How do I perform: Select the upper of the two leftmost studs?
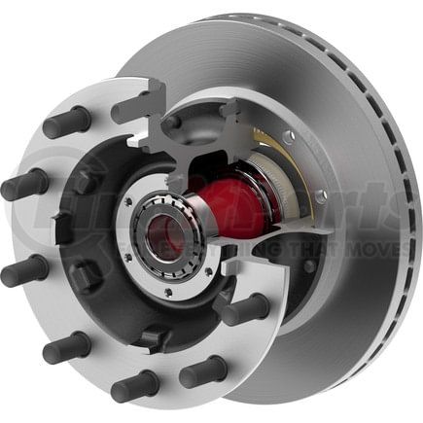point(25,184)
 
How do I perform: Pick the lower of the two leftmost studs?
point(25,270)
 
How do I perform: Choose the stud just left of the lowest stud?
point(68,346)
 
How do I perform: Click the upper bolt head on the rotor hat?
point(289,136)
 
